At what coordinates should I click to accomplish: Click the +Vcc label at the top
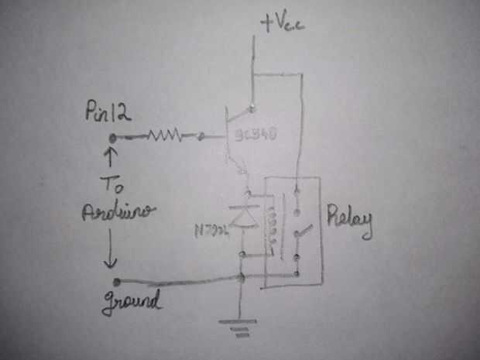[x=283, y=24]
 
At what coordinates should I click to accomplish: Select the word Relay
[x=349, y=222]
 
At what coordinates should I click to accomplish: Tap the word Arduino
[x=117, y=212]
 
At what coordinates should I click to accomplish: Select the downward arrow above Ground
[x=114, y=251]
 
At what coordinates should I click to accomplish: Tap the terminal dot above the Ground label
[x=116, y=281]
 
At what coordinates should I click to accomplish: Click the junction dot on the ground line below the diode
[x=243, y=276]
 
